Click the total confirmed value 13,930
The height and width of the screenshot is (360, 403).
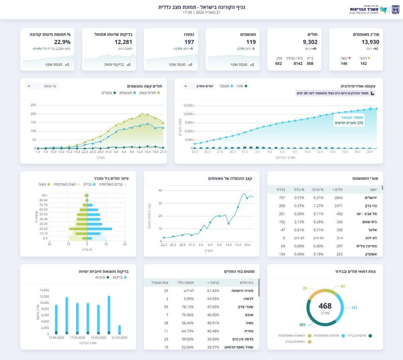point(370,42)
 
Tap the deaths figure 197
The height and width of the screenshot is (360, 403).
point(189,42)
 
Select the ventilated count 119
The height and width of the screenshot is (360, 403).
point(251,42)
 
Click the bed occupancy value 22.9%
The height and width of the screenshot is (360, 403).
point(62,42)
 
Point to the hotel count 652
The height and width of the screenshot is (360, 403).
point(279,64)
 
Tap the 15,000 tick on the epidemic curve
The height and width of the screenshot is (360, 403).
point(188,105)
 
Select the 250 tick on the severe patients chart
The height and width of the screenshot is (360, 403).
point(33,105)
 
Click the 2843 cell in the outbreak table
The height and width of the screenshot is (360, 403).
point(338,198)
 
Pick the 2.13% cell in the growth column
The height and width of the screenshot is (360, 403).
point(299,222)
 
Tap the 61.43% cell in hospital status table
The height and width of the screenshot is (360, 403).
point(213,291)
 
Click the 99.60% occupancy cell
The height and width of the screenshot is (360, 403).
point(188,339)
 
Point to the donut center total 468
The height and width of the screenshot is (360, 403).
point(325,306)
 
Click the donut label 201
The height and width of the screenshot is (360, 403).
point(302,325)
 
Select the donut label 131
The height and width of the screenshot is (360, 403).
point(354,307)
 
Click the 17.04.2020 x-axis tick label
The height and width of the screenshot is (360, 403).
point(77,338)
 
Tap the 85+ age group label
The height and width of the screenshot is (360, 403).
point(45,195)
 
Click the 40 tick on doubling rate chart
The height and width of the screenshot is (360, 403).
point(160,190)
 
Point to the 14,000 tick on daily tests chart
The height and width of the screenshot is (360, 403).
point(44,290)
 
